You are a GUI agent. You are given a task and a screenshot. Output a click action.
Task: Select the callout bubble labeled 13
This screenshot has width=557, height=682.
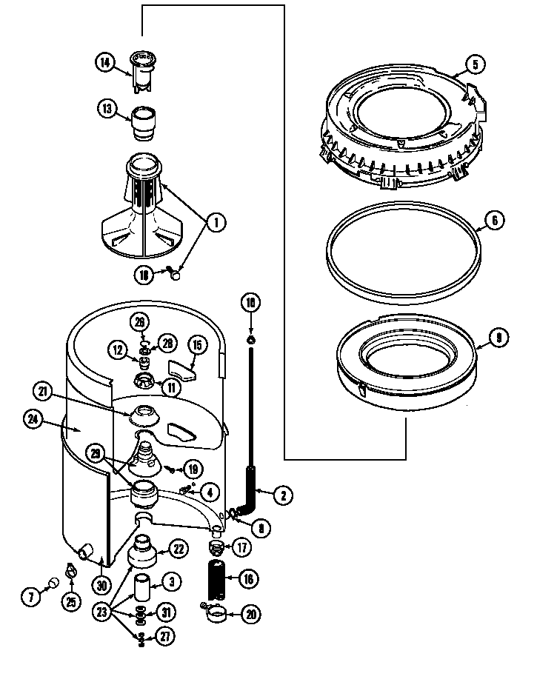click(107, 110)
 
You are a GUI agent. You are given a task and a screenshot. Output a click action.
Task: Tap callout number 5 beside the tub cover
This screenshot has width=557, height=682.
click(476, 64)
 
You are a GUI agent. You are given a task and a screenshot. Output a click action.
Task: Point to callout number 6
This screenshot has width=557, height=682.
click(496, 220)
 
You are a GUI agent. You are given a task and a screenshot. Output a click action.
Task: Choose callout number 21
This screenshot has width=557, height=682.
click(44, 391)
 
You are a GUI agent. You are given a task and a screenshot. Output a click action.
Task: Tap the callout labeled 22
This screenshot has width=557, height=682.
click(178, 548)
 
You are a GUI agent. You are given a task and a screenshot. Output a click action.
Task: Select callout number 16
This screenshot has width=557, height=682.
click(248, 579)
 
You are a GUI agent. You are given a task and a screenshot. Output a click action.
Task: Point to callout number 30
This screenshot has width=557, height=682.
click(101, 584)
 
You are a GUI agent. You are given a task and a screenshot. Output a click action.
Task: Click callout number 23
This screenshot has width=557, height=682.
click(101, 612)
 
